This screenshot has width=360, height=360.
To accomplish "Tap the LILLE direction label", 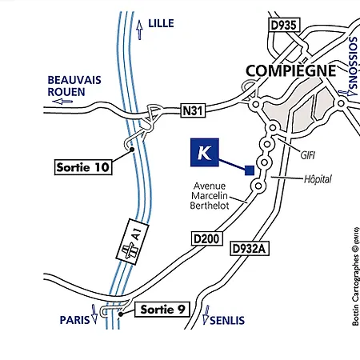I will coord(162,25).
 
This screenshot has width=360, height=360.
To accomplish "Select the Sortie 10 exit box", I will coord(82,167).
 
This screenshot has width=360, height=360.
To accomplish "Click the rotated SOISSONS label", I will coord(353,64).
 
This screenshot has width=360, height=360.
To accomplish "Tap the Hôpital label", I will coord(317,179).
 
